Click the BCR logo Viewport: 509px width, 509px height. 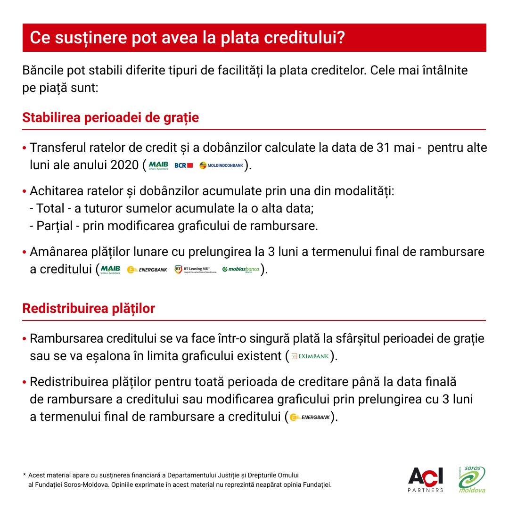[184, 165]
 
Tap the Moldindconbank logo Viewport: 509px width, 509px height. [221, 165]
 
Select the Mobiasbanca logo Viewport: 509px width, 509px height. [241, 270]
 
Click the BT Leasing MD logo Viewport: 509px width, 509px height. [196, 270]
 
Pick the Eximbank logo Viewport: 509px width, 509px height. [310, 356]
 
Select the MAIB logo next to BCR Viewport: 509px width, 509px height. [158, 165]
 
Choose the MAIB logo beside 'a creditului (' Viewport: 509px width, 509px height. [110, 270]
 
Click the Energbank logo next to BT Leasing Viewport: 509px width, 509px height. [147, 270]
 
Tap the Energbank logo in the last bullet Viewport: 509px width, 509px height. [309, 417]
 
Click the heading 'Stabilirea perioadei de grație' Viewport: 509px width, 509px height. [110, 117]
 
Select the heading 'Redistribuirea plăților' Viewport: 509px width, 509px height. [89, 309]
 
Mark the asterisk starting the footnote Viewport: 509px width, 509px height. [25, 476]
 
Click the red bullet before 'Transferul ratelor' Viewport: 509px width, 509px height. [25, 148]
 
